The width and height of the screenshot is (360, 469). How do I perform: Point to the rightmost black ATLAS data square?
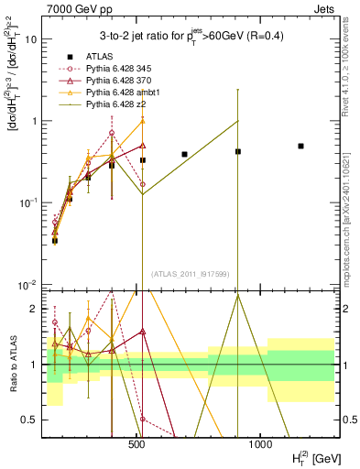(x=300, y=146)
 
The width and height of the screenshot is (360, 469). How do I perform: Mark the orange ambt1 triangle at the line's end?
(x=143, y=121)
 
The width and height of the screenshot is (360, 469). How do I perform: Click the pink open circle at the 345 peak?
(x=112, y=132)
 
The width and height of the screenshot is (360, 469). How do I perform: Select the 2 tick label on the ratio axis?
(x=36, y=309)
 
